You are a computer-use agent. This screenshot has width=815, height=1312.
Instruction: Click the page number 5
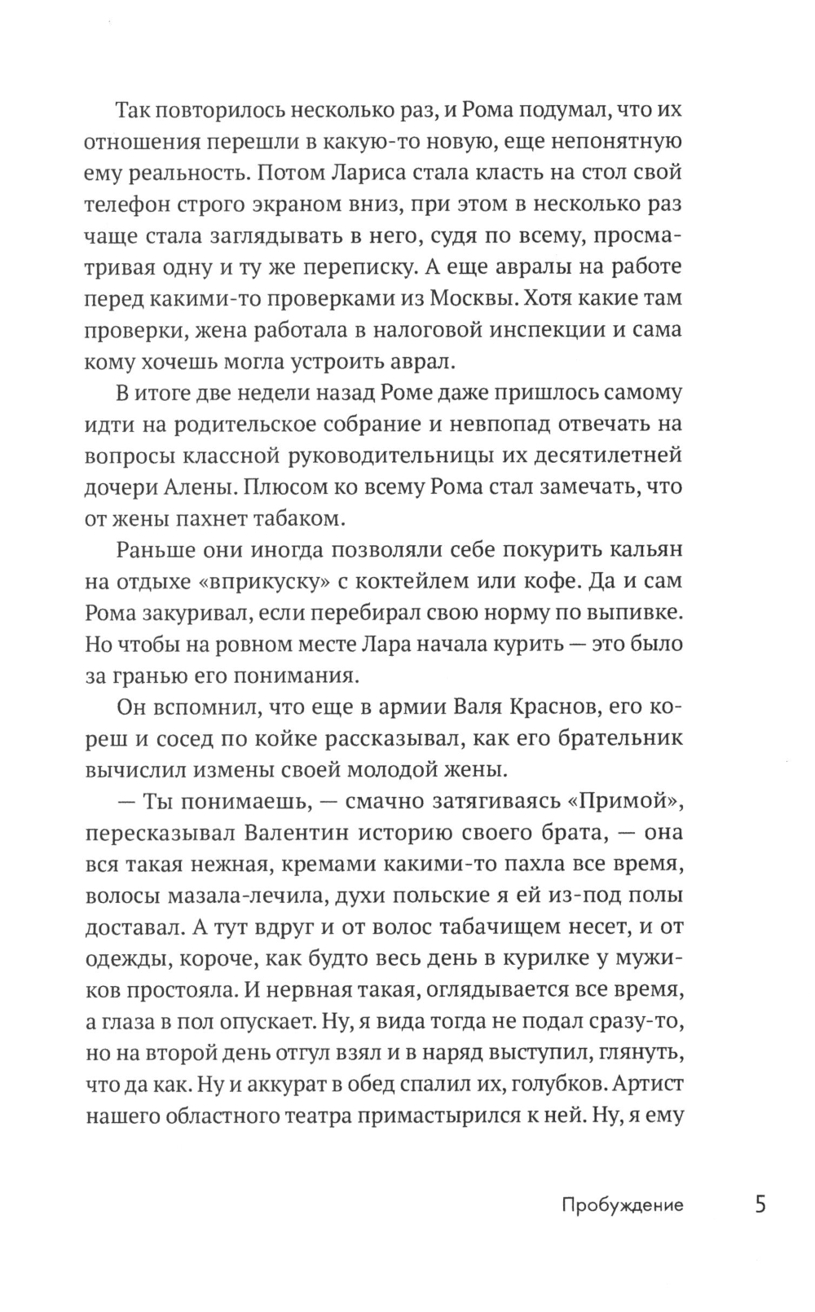point(760,1204)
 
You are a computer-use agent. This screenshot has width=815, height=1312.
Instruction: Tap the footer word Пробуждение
point(623,1205)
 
